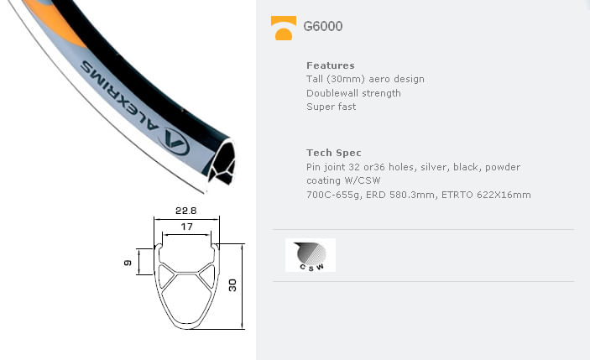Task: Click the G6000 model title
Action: click(323, 26)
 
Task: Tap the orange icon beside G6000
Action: click(284, 28)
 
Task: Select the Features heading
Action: click(331, 65)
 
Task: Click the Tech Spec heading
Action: click(334, 153)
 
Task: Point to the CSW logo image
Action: click(311, 255)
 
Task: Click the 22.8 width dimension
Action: click(185, 211)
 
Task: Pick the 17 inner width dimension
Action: click(186, 227)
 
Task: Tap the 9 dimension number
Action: click(128, 263)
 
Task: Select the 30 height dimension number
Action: click(232, 285)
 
